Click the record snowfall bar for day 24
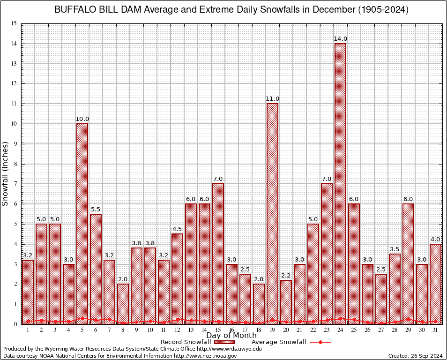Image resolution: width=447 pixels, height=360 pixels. coord(340,183)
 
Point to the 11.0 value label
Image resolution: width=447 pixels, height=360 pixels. coord(272,99)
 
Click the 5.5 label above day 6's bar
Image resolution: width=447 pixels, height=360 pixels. coord(96,210)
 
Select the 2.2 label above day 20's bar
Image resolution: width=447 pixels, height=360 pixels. coord(286,276)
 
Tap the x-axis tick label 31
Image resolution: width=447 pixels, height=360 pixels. coord(435,330)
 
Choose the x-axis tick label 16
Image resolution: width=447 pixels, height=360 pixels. coord(231,330)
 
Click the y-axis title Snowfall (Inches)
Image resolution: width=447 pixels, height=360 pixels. coord(6,173)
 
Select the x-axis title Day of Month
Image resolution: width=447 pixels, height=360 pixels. coord(231,336)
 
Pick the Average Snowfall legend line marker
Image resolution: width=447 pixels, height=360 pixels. coord(320,342)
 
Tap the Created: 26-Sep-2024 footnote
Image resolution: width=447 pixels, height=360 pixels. coord(415,356)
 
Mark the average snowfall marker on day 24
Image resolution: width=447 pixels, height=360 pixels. coord(340,318)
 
